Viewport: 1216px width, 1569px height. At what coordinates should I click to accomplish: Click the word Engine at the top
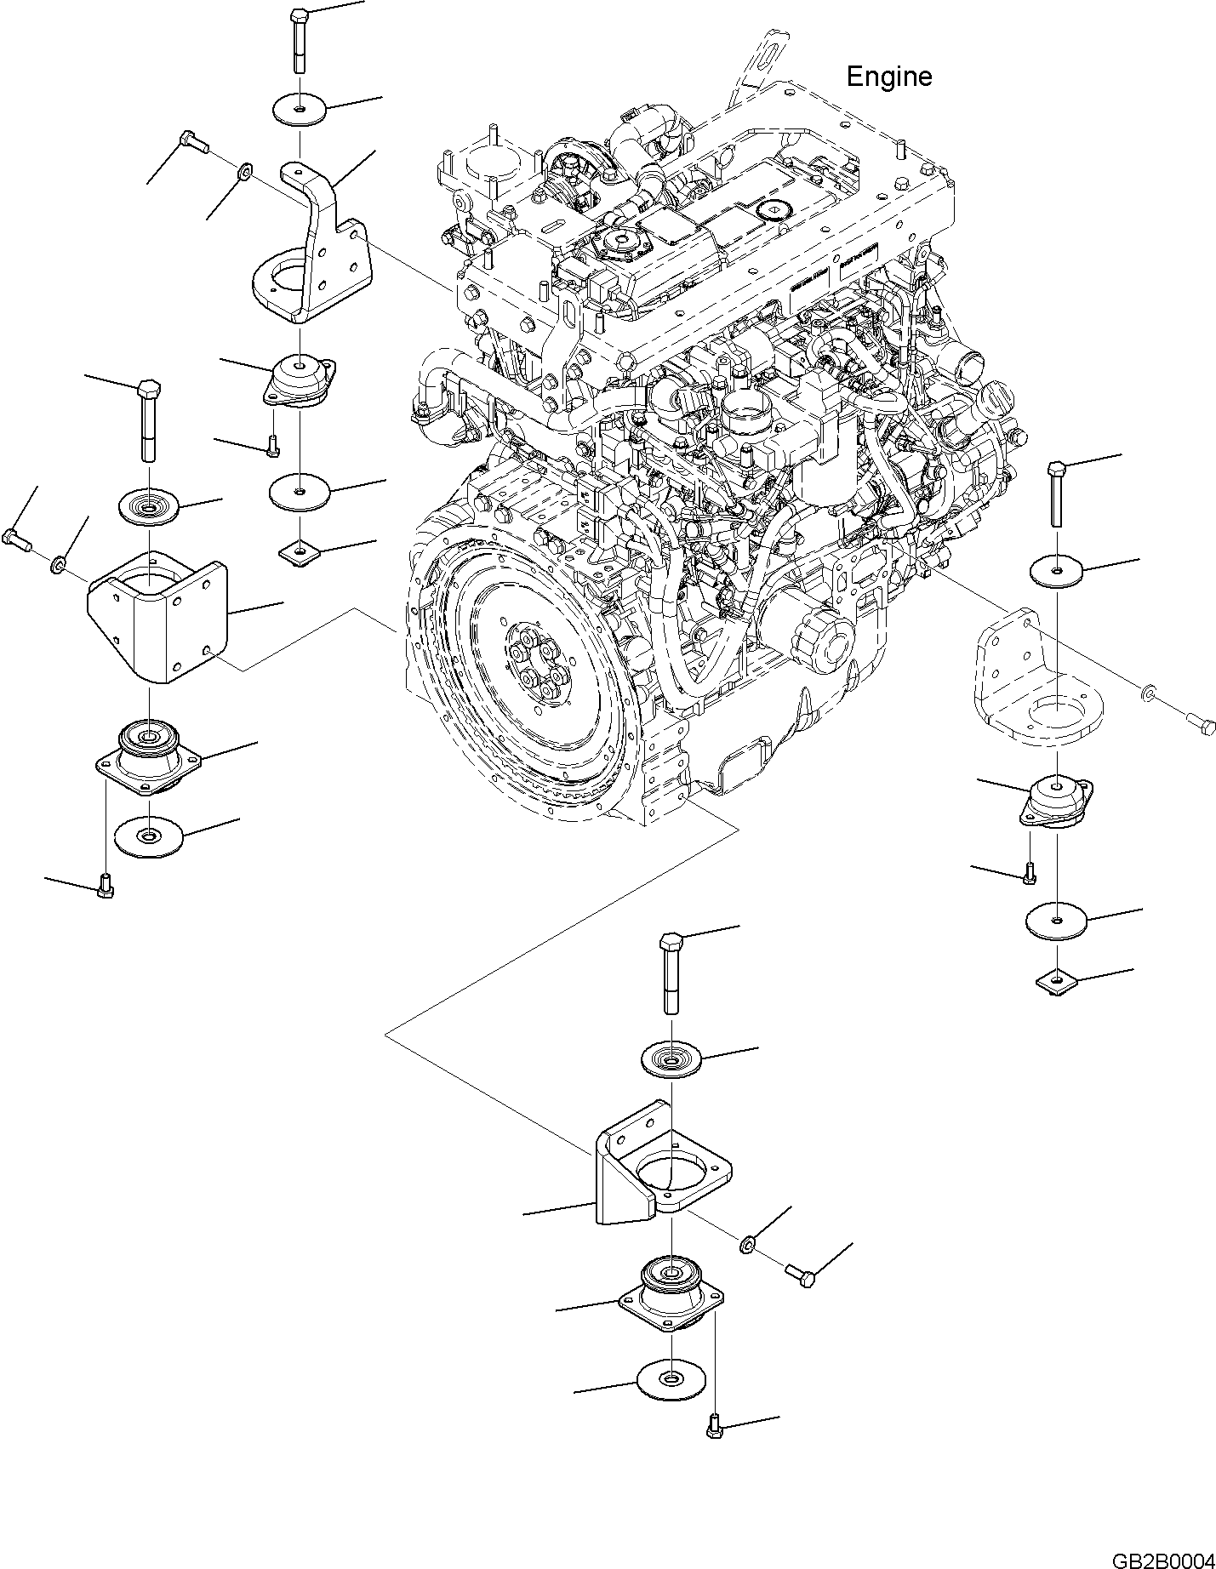point(888,77)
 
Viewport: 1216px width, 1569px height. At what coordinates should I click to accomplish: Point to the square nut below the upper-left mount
point(299,553)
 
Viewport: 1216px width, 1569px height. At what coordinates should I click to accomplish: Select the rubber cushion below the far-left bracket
point(149,752)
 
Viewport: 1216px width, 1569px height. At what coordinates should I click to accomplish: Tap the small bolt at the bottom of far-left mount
point(106,887)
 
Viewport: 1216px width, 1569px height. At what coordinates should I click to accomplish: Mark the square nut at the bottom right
point(1056,983)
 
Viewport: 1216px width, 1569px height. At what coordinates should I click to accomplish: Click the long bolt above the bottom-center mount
point(670,973)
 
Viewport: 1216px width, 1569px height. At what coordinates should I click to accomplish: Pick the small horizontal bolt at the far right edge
point(1201,723)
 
